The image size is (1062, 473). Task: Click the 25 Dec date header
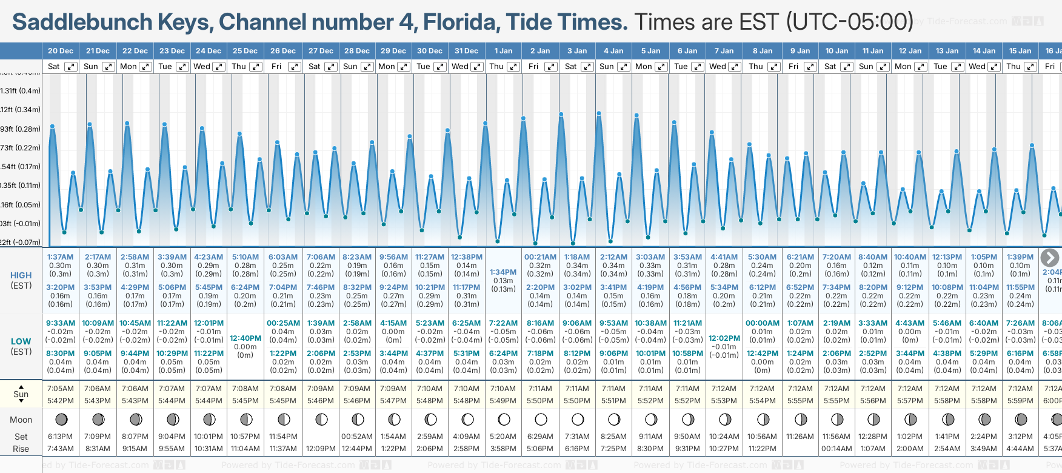pyautogui.click(x=245, y=51)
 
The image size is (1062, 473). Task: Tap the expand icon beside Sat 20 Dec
pyautogui.click(x=71, y=67)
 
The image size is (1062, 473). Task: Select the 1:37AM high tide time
pyautogui.click(x=60, y=257)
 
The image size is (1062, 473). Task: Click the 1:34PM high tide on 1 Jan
pyautogui.click(x=503, y=272)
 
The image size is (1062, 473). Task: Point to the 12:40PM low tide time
pyautogui.click(x=245, y=338)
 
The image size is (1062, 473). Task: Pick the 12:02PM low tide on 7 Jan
pyautogui.click(x=724, y=338)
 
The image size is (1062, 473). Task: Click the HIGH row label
pyautogui.click(x=21, y=275)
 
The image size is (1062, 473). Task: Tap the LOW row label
pyautogui.click(x=21, y=341)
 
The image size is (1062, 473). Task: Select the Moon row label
pyautogui.click(x=21, y=420)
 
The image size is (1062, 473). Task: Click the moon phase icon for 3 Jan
pyautogui.click(x=578, y=419)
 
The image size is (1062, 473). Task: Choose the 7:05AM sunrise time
pyautogui.click(x=60, y=389)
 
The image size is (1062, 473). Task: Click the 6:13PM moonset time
pyautogui.click(x=60, y=437)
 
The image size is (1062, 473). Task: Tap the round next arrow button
pyautogui.click(x=1049, y=257)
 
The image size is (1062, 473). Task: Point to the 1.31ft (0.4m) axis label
pyautogui.click(x=21, y=91)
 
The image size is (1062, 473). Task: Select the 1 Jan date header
pyautogui.click(x=503, y=51)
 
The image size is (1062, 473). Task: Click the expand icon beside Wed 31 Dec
pyautogui.click(x=477, y=67)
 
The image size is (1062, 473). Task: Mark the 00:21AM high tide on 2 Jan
pyautogui.click(x=540, y=257)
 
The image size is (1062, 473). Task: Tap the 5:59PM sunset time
pyautogui.click(x=1020, y=401)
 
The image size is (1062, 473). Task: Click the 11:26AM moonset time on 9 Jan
pyautogui.click(x=800, y=437)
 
